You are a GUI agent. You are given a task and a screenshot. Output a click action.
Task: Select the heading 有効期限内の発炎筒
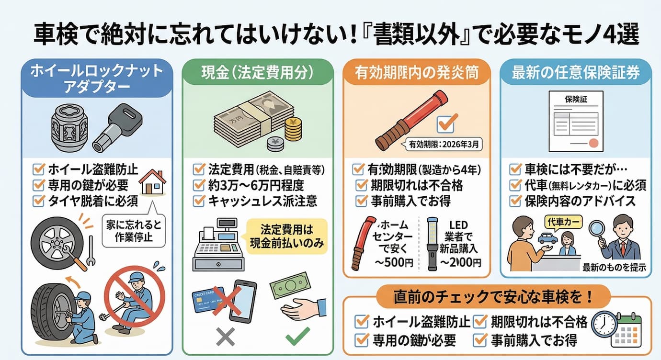pos(416,73)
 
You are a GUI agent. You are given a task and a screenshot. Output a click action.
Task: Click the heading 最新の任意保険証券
pos(575,73)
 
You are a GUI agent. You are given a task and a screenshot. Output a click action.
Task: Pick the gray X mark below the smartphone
pos(225,338)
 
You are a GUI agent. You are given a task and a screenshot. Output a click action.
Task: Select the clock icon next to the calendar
pos(604,325)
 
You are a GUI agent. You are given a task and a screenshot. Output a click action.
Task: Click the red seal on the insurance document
pos(593,143)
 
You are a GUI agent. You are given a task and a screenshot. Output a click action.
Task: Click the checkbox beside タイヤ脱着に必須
pos(38,201)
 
